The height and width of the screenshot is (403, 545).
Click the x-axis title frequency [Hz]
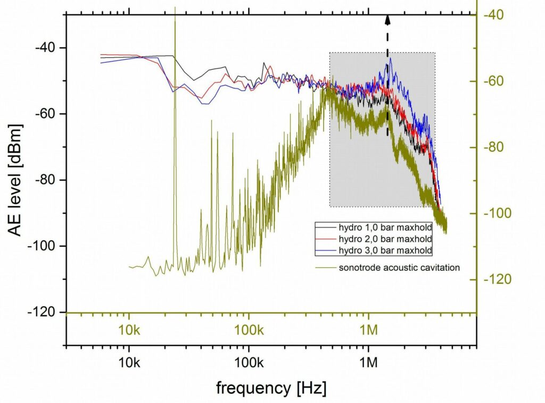pyautogui.click(x=271, y=388)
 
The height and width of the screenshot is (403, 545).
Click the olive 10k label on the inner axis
pyautogui.click(x=129, y=329)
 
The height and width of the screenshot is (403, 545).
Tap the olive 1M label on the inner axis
pyautogui.click(x=368, y=329)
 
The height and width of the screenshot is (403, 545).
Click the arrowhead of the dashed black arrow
pyautogui.click(x=387, y=20)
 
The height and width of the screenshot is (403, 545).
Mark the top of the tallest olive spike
pyautogui.click(x=175, y=7)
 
